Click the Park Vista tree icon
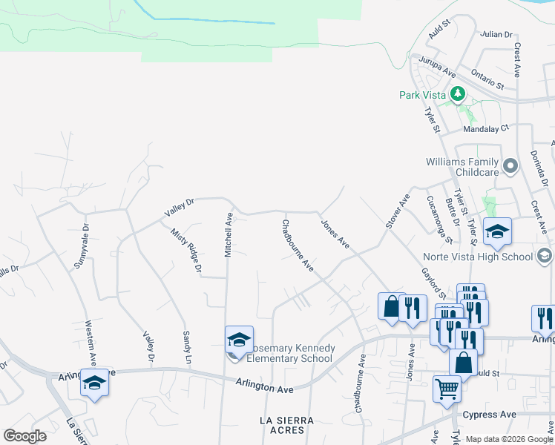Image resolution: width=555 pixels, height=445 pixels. tap(459, 94)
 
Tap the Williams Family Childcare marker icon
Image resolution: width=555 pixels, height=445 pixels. tap(510, 167)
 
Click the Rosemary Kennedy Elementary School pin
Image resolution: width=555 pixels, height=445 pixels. tap(239, 341)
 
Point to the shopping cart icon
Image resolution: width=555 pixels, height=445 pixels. tap(447, 388)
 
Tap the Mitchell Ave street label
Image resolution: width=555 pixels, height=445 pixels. tap(229, 235)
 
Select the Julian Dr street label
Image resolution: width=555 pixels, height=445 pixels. tap(496, 34)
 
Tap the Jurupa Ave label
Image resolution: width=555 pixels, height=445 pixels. tap(437, 66)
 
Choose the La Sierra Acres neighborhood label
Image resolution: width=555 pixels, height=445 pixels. tap(286, 425)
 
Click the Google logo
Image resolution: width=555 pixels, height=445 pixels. tap(24, 436)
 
